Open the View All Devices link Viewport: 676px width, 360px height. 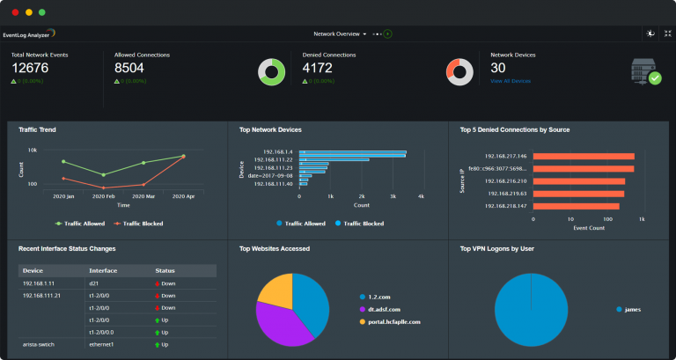(x=511, y=81)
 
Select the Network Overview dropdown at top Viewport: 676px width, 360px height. (x=340, y=33)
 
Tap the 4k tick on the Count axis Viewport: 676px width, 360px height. (x=421, y=195)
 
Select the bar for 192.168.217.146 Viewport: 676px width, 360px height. (x=583, y=157)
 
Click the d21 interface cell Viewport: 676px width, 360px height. (x=94, y=284)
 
